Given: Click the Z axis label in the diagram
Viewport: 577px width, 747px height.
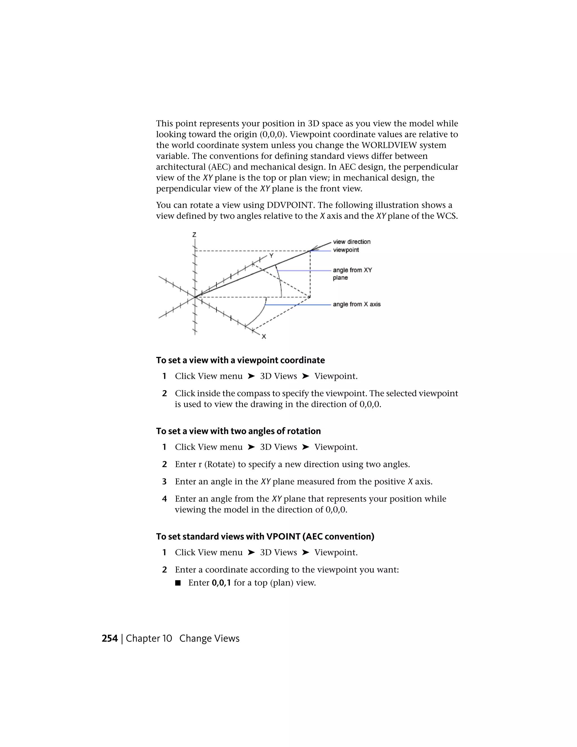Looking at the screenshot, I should coord(194,235).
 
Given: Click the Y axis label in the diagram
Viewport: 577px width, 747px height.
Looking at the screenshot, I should coord(271,255).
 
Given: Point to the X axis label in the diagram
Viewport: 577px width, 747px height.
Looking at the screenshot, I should coord(264,337).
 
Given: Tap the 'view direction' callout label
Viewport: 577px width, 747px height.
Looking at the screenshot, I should coord(352,242).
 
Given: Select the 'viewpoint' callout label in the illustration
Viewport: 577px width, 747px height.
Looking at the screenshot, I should coord(346,250).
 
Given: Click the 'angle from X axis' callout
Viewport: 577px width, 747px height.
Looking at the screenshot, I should coord(356,304).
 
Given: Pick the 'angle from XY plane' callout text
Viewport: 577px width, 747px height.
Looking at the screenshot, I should coord(352,274).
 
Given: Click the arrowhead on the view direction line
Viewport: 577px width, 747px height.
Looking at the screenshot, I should coord(316,247).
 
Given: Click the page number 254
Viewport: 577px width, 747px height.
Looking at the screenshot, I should coord(109,638).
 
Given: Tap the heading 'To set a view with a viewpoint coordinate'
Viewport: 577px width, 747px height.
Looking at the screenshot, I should coord(240,360).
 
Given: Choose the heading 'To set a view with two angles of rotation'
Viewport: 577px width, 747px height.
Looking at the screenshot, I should coord(238,431).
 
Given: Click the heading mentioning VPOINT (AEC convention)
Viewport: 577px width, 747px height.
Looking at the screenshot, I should coord(265,536).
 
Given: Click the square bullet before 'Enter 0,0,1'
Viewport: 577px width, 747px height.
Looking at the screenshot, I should coord(177,583).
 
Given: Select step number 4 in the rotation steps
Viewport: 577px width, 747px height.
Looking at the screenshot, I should coord(165,499).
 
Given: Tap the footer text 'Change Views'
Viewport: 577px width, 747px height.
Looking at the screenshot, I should coord(209,638).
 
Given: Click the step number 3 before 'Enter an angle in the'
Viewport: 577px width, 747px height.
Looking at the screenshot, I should coord(165,481).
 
